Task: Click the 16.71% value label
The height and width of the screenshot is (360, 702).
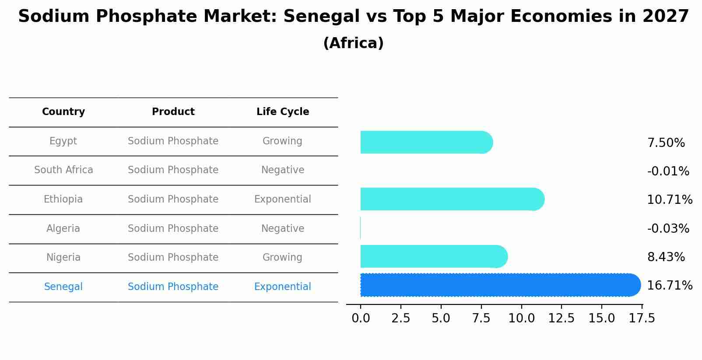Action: point(669,286)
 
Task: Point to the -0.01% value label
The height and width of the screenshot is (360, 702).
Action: point(668,171)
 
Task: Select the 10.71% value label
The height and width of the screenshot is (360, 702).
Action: point(669,200)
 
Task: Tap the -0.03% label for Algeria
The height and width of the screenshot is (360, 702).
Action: point(668,229)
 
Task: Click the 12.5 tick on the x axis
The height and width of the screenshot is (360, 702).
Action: point(562,318)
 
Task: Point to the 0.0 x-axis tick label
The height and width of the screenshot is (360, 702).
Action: point(361,318)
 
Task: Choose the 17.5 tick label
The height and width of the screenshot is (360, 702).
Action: point(642,318)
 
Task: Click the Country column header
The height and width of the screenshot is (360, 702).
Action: point(63,112)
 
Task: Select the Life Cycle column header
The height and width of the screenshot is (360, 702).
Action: point(283,112)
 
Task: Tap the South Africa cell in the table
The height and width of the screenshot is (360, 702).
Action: point(63,170)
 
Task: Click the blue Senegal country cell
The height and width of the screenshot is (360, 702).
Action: point(63,287)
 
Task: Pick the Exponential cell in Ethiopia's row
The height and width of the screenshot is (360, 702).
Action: point(283,199)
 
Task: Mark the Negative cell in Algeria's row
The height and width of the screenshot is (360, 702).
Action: point(283,229)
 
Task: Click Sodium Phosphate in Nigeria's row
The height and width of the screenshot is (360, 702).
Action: point(173,258)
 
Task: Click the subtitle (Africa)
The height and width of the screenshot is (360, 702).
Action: point(353,43)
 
